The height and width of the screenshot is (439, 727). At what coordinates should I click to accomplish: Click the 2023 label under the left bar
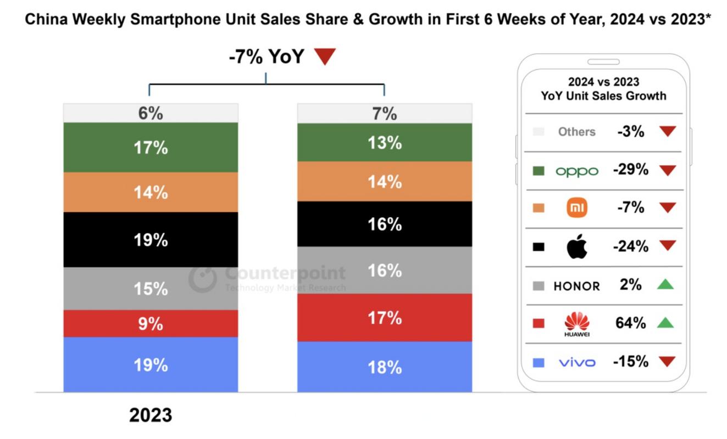151,415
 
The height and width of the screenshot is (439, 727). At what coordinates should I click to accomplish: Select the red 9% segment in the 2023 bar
151,324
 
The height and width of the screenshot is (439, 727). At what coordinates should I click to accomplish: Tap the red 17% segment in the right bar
385,318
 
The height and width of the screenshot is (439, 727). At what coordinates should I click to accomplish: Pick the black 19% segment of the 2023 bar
151,240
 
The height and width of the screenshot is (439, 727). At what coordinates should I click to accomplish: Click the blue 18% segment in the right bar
385,367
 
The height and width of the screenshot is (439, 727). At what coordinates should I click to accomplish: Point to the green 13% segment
385,143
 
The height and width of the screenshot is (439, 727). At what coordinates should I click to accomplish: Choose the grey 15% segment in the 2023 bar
151,289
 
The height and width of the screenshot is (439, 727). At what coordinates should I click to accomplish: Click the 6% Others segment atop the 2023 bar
151,113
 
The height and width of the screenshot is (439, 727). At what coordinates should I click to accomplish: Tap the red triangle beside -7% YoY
325,57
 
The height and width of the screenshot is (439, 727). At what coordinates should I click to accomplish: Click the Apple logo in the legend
577,247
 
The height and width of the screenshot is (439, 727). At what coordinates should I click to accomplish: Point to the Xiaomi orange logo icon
577,208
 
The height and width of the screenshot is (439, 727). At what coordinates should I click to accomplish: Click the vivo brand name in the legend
576,362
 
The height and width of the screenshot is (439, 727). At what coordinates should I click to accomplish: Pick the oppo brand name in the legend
576,171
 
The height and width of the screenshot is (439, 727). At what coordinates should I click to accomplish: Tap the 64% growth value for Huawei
630,323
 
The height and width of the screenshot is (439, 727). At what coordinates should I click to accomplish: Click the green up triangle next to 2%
665,284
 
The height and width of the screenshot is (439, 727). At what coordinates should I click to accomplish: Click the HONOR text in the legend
576,286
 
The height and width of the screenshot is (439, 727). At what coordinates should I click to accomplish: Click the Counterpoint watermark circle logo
203,278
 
